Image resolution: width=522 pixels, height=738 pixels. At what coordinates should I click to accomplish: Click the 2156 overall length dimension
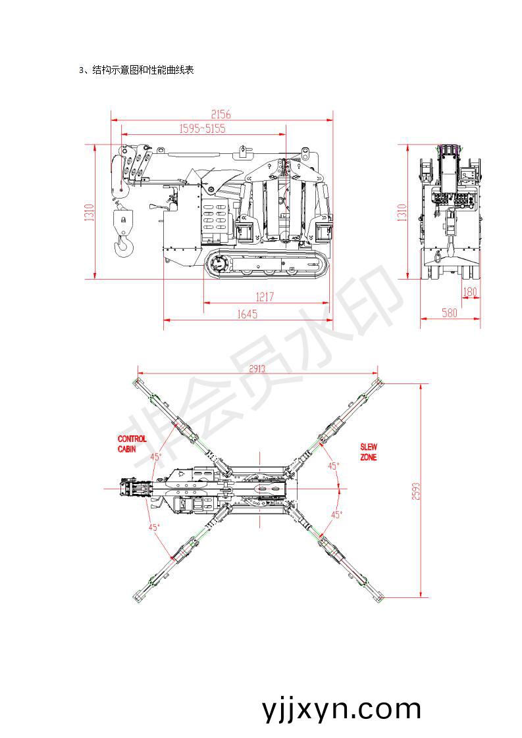pos(221,114)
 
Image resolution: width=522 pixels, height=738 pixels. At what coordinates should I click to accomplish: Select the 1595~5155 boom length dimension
pos(202,128)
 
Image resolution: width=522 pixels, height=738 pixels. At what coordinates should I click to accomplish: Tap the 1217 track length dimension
pos(265,297)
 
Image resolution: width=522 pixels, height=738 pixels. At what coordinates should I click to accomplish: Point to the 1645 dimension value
pos(248,314)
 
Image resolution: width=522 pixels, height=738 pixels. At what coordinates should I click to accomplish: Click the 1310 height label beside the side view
pos(89,212)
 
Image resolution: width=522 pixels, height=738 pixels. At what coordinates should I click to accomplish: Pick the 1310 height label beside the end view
pos(402,212)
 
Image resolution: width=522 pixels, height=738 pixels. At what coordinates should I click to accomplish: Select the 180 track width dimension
pos(470,292)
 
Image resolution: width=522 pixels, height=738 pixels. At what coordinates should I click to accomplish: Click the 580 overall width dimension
pos(450,312)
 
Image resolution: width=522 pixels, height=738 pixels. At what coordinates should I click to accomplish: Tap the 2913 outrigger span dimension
pos(257,368)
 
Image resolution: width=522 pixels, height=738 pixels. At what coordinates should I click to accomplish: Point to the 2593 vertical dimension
pos(415,491)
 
